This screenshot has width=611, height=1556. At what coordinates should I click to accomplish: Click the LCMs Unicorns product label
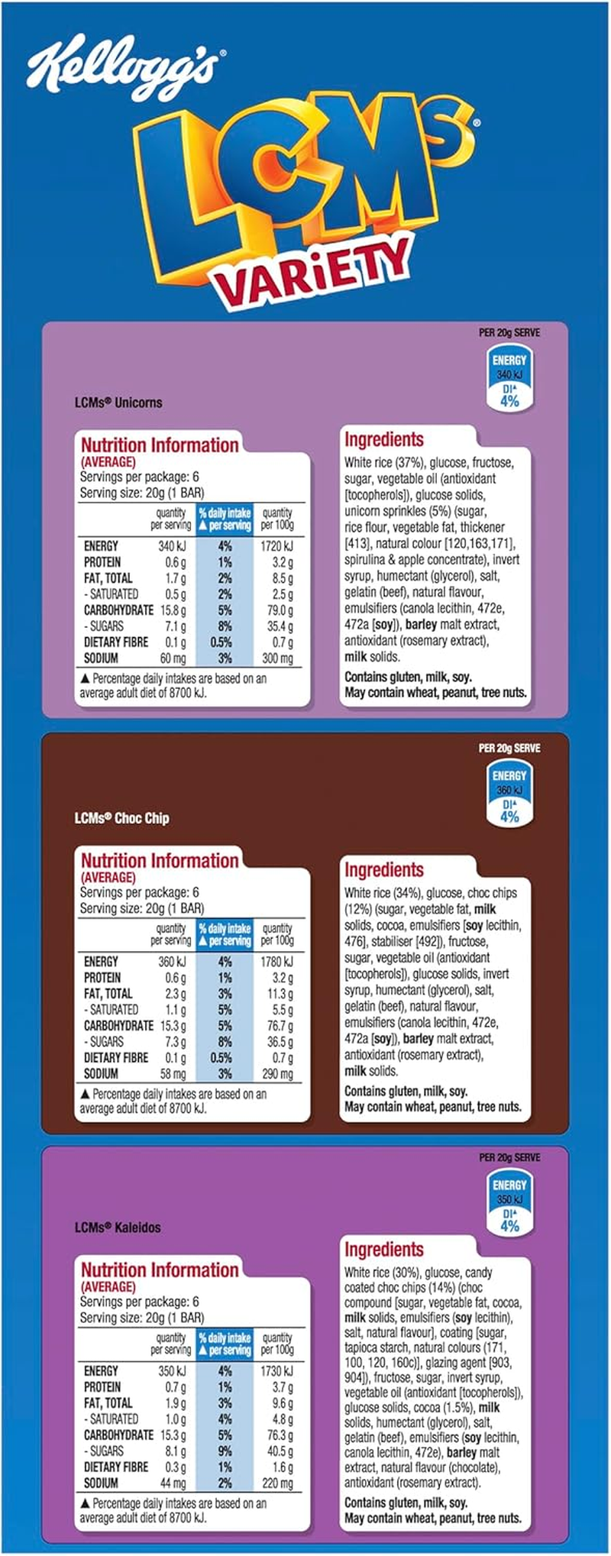[x=118, y=403]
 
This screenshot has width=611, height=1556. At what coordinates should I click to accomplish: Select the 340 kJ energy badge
[x=509, y=380]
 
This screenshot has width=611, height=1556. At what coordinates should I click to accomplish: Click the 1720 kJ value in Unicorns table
[x=276, y=546]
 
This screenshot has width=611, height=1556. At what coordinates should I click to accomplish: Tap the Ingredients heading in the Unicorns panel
[x=383, y=440]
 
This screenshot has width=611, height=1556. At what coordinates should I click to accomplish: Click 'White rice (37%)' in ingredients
[x=384, y=463]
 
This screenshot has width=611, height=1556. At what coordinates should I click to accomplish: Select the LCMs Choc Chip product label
[x=122, y=818]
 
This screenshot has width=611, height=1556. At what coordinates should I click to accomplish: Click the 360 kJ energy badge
[x=509, y=795]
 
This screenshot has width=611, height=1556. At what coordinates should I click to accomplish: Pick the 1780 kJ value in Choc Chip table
[x=276, y=962]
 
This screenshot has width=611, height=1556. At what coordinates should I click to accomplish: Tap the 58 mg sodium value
[x=173, y=1074]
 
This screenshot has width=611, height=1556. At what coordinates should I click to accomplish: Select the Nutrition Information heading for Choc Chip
[x=160, y=861]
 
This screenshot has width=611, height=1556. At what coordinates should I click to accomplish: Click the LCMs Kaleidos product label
[x=118, y=1228]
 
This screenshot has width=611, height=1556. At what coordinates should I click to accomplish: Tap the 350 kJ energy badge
[x=509, y=1205]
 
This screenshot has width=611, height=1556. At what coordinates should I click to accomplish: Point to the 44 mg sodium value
[x=173, y=1483]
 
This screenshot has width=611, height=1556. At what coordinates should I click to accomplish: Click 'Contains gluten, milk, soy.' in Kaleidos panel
[x=406, y=1503]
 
